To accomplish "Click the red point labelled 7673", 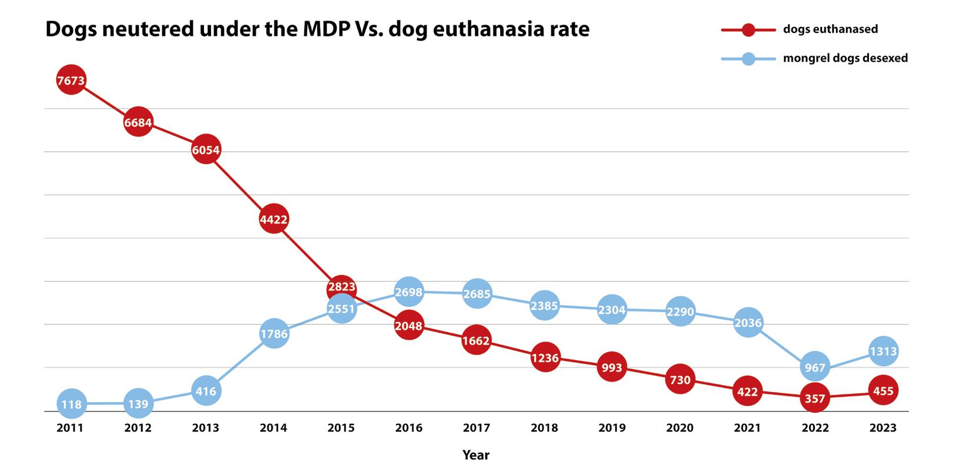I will pos(71,81).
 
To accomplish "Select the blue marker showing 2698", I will pos(409,292).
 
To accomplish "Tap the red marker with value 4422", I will pos(274,219).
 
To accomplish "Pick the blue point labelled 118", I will pos(71,404).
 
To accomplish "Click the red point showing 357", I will pos(815,398).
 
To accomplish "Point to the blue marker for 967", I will pos(815,367).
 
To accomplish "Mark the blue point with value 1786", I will pos(274,334).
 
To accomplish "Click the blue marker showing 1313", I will pos(883,351).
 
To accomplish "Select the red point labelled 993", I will pos(612,367).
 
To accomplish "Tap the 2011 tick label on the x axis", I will pos(70,428).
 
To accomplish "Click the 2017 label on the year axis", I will pos(477,428).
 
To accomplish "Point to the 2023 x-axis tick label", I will pos(883,428).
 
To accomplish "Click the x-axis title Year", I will pos(476,455).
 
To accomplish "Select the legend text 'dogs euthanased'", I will pos(830,29).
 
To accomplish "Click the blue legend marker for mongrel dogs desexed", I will pos(749,58).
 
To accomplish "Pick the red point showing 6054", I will pos(206,150).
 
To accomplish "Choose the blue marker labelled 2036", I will pos(748,322).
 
